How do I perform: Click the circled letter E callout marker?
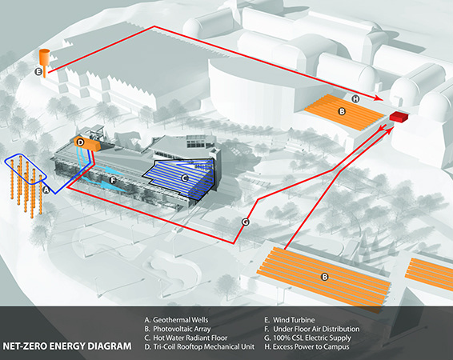38,71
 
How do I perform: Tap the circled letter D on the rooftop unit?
81,142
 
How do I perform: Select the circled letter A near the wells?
46,190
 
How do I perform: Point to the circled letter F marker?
113,181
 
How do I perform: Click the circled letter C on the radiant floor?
184,178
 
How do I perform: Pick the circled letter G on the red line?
245,222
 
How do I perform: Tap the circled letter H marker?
356,99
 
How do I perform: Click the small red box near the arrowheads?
399,117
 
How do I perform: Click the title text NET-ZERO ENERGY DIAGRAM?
67,346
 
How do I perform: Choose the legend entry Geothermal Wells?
176,320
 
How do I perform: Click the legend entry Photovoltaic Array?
178,329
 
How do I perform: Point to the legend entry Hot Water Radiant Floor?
186,338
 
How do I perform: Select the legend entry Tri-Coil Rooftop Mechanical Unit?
199,346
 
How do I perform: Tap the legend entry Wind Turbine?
290,320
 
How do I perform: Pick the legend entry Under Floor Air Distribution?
312,329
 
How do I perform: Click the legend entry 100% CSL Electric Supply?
307,338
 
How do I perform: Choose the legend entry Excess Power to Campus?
307,346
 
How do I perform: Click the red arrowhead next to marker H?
379,98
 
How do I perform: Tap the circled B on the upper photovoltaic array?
342,111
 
